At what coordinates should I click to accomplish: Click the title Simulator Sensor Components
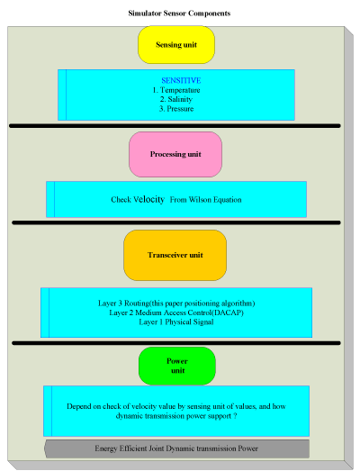pyautogui.click(x=179, y=14)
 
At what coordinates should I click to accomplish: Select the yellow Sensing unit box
pyautogui.click(x=176, y=45)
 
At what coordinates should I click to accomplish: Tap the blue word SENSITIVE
pyautogui.click(x=181, y=80)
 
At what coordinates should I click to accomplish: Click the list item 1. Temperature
pyautogui.click(x=176, y=90)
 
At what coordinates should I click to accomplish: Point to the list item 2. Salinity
pyautogui.click(x=176, y=99)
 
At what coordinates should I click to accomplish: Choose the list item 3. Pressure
pyautogui.click(x=176, y=109)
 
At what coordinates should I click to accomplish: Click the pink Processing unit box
pyautogui.click(x=175, y=154)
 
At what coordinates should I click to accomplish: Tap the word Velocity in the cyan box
pyautogui.click(x=148, y=199)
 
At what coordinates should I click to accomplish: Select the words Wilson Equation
pyautogui.click(x=215, y=200)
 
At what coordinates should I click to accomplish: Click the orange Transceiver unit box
pyautogui.click(x=175, y=256)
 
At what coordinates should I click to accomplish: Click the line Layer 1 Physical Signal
pyautogui.click(x=176, y=322)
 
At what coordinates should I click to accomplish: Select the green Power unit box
pyautogui.click(x=177, y=366)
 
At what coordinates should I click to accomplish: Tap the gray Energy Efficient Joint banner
pyautogui.click(x=176, y=448)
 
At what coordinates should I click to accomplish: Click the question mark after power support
pyautogui.click(x=235, y=416)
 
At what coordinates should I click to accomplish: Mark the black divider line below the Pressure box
pyautogui.click(x=175, y=126)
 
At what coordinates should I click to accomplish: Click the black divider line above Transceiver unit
pyautogui.click(x=176, y=222)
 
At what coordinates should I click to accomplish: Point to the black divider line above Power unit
pyautogui.click(x=176, y=343)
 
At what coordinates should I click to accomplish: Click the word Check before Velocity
pyautogui.click(x=121, y=200)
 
